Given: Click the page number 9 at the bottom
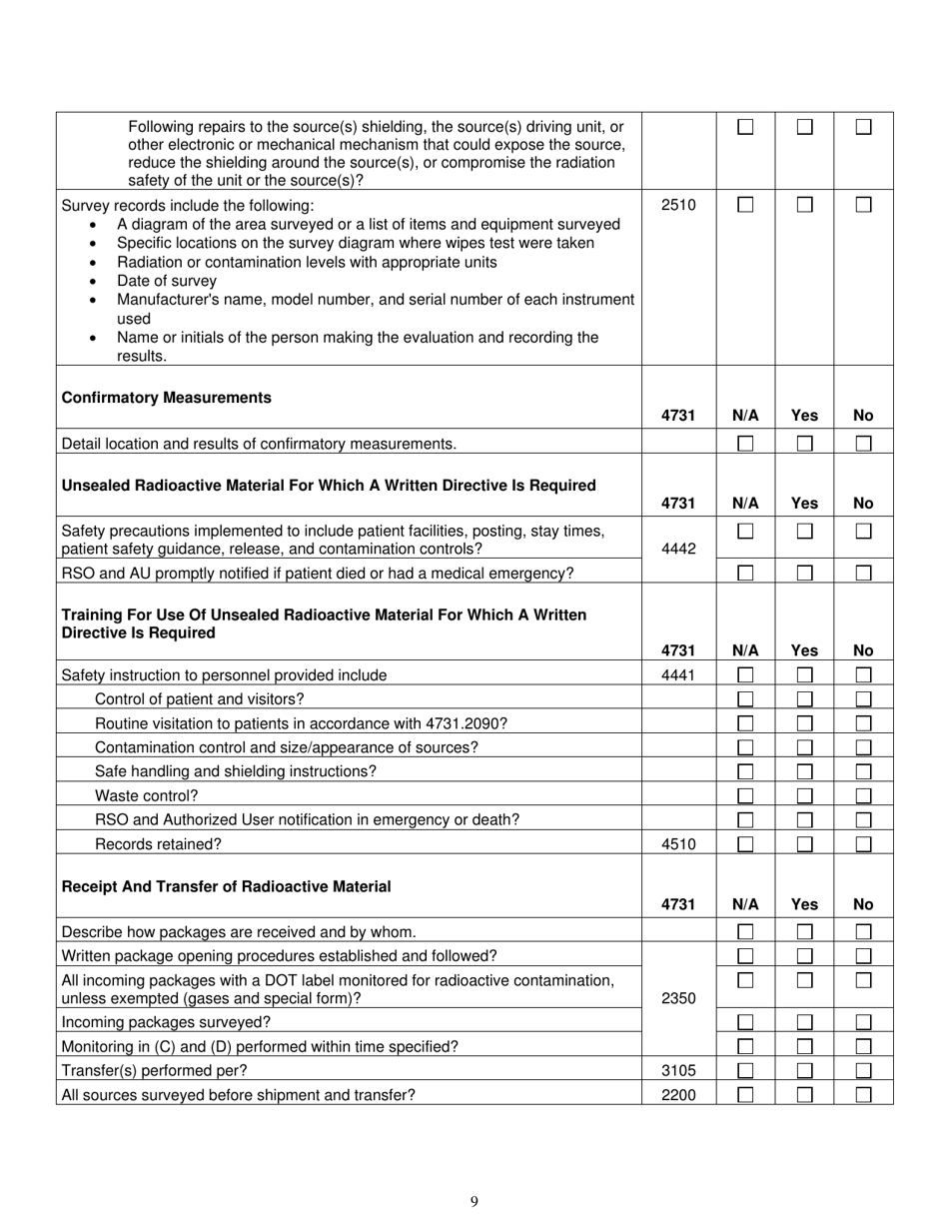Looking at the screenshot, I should (x=474, y=1201).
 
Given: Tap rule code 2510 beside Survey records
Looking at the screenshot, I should (x=678, y=205).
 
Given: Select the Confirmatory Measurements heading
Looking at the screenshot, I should (x=166, y=398).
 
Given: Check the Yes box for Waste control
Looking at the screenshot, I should (x=804, y=795).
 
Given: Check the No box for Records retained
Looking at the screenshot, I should (x=863, y=843).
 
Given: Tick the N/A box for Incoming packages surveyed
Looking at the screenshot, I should (x=745, y=1022).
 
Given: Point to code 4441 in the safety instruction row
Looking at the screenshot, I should (x=678, y=675).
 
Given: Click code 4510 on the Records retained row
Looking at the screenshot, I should (x=678, y=843).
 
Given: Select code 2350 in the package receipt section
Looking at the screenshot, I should (x=678, y=997).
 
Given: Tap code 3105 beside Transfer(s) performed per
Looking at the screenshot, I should (x=678, y=1070).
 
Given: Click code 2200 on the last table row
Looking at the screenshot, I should (x=678, y=1094).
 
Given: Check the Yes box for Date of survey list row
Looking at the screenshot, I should (x=804, y=205).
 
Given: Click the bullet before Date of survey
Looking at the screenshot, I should (x=94, y=281).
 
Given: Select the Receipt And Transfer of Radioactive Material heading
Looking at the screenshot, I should (x=226, y=886).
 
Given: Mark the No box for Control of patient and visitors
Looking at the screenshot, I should (x=863, y=699).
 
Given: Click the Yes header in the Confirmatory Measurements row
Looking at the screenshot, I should (x=804, y=416).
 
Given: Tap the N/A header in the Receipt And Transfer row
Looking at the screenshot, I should (x=745, y=904).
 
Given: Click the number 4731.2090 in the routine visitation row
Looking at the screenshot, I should (x=470, y=723).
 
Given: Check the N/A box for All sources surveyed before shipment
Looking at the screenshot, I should (x=745, y=1094).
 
